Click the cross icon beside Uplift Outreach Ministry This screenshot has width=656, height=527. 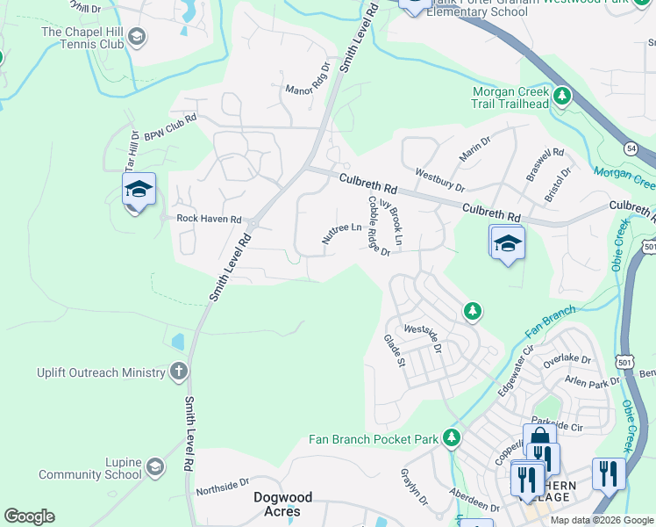pyautogui.click(x=179, y=372)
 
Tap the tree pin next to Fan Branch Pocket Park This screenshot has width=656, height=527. pyautogui.click(x=452, y=437)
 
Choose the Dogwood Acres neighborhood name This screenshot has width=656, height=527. pyautogui.click(x=289, y=504)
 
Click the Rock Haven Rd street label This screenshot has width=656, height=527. pyautogui.click(x=209, y=219)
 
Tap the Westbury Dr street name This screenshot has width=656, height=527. pyautogui.click(x=439, y=179)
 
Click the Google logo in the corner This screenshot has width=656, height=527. pyautogui.click(x=29, y=516)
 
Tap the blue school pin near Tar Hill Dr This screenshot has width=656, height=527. pyautogui.click(x=139, y=190)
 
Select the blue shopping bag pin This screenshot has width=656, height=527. pyautogui.click(x=539, y=439)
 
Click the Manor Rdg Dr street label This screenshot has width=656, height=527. pyautogui.click(x=308, y=78)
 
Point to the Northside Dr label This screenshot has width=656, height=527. pyautogui.click(x=223, y=485)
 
